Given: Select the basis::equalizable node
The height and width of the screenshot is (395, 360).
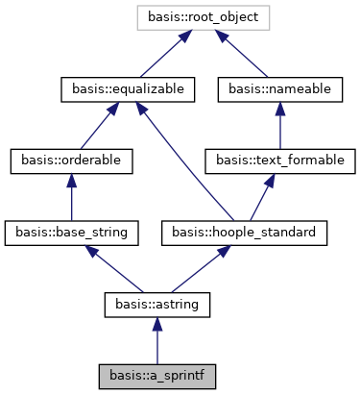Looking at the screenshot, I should [129, 88].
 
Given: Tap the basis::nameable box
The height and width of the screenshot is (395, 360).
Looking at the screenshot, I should [279, 88].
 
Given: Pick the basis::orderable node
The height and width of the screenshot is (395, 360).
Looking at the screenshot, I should [72, 160].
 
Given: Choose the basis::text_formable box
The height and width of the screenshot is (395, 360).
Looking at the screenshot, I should [279, 160].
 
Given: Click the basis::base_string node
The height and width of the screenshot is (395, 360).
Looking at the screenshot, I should [72, 232].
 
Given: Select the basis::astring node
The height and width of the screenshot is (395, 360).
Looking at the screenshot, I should [156, 304].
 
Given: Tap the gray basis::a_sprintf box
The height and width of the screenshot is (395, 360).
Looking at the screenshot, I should [156, 375].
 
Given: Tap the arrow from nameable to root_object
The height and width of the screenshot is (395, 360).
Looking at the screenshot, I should [245, 52].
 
